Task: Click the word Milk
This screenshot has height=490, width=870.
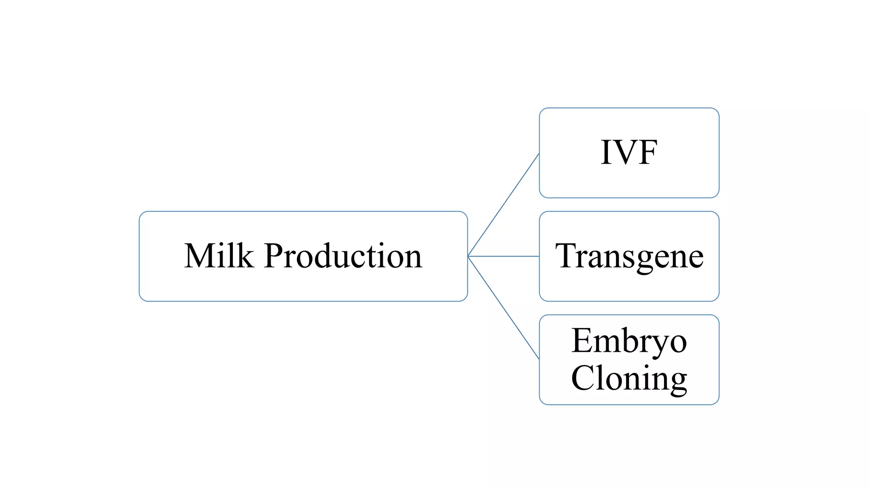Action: tap(219, 256)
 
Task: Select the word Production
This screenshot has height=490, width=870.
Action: tap(343, 256)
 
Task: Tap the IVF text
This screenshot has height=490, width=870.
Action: tap(629, 152)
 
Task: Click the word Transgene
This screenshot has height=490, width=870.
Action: tap(629, 256)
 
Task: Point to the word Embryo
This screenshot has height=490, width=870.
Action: tap(629, 341)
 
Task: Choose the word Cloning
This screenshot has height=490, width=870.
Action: tap(629, 378)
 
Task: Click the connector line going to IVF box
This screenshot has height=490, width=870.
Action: tap(503, 205)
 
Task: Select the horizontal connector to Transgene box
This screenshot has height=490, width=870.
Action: tap(503, 256)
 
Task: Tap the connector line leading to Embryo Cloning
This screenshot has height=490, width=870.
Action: tap(503, 308)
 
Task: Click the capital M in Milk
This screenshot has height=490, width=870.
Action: tap(199, 256)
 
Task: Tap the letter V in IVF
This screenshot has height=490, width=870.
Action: tap(628, 152)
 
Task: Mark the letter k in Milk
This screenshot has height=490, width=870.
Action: tap(245, 256)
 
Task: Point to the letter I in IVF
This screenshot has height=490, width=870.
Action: tap(607, 152)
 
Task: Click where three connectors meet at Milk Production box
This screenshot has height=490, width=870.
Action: tap(468, 256)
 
